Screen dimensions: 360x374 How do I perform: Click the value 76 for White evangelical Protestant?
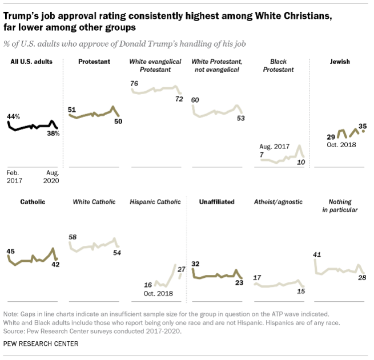[x=135, y=84]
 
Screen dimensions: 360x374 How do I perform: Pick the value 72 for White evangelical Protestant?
[x=179, y=99]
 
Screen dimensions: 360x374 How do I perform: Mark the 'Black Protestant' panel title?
[x=279, y=66]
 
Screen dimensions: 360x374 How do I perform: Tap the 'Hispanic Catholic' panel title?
[x=155, y=201]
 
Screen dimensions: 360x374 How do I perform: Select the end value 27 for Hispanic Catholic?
[x=181, y=269]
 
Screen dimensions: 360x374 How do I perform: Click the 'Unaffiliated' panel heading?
[x=216, y=201]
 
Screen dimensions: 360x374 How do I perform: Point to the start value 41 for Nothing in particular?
[x=318, y=254]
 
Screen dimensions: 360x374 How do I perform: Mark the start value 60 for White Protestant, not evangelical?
[x=195, y=100]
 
